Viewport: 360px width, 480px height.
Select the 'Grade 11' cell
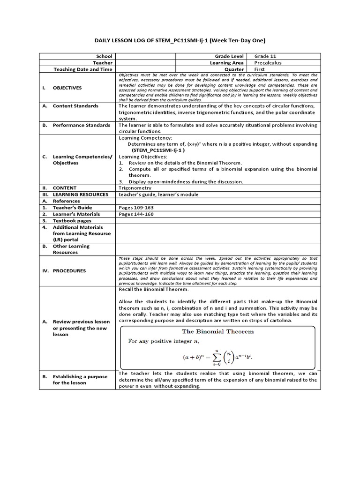[x=265, y=56]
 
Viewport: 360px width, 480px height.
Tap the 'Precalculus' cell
[x=268, y=63]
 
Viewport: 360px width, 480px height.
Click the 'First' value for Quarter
[x=260, y=69]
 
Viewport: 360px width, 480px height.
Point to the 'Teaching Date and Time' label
[x=83, y=69]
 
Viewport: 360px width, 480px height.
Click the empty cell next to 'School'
[x=145, y=56]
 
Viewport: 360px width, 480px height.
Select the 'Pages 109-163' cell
[x=136, y=207]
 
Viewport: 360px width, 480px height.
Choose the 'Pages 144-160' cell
[x=136, y=214]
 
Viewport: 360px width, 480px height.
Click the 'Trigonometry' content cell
[x=134, y=187]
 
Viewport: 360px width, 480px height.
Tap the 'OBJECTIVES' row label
[x=67, y=88]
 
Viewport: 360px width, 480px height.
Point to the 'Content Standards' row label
[x=75, y=106]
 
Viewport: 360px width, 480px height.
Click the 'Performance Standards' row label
[x=82, y=125]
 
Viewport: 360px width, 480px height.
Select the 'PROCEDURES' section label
[x=69, y=270]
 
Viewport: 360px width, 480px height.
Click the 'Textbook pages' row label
[x=72, y=220]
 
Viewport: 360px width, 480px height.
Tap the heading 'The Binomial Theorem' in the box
[x=217, y=331]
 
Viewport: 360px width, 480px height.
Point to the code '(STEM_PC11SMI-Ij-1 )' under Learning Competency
[x=158, y=150]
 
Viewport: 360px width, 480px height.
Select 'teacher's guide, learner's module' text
[x=158, y=194]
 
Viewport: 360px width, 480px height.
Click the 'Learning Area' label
[x=227, y=63]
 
